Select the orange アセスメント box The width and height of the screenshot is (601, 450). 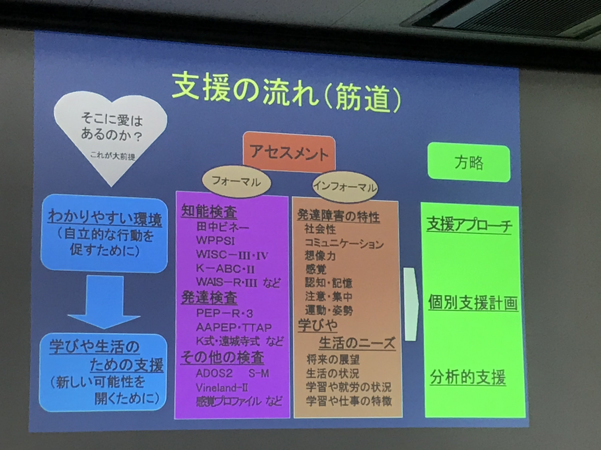(x=289, y=152)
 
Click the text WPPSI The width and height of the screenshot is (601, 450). (x=215, y=240)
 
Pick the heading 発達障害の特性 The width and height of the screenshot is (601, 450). (x=338, y=216)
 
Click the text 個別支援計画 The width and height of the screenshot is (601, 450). (x=473, y=302)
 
